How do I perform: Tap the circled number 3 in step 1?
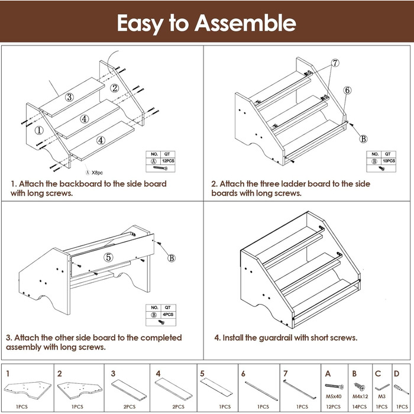(69, 98)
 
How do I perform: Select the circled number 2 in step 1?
(115, 89)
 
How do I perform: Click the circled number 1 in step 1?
(38, 130)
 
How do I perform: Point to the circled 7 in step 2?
(334, 63)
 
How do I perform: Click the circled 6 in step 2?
(347, 90)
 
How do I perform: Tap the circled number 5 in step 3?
(108, 257)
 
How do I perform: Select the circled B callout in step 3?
(172, 258)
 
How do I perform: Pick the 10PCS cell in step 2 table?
(390, 160)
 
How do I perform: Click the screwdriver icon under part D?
(398, 387)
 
